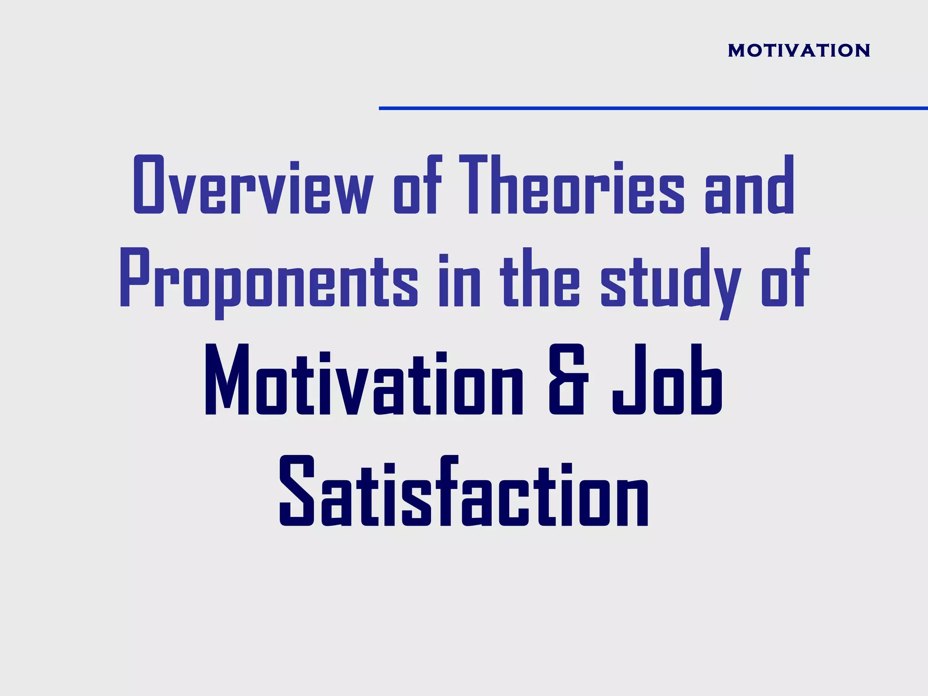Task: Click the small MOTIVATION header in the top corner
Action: pyautogui.click(x=799, y=50)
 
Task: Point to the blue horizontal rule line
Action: pyautogui.click(x=652, y=108)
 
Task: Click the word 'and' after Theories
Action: pyautogui.click(x=749, y=186)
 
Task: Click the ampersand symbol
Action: pyautogui.click(x=569, y=381)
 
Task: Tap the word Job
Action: pyautogui.click(x=667, y=381)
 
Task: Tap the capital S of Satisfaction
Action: pyautogui.click(x=297, y=492)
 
